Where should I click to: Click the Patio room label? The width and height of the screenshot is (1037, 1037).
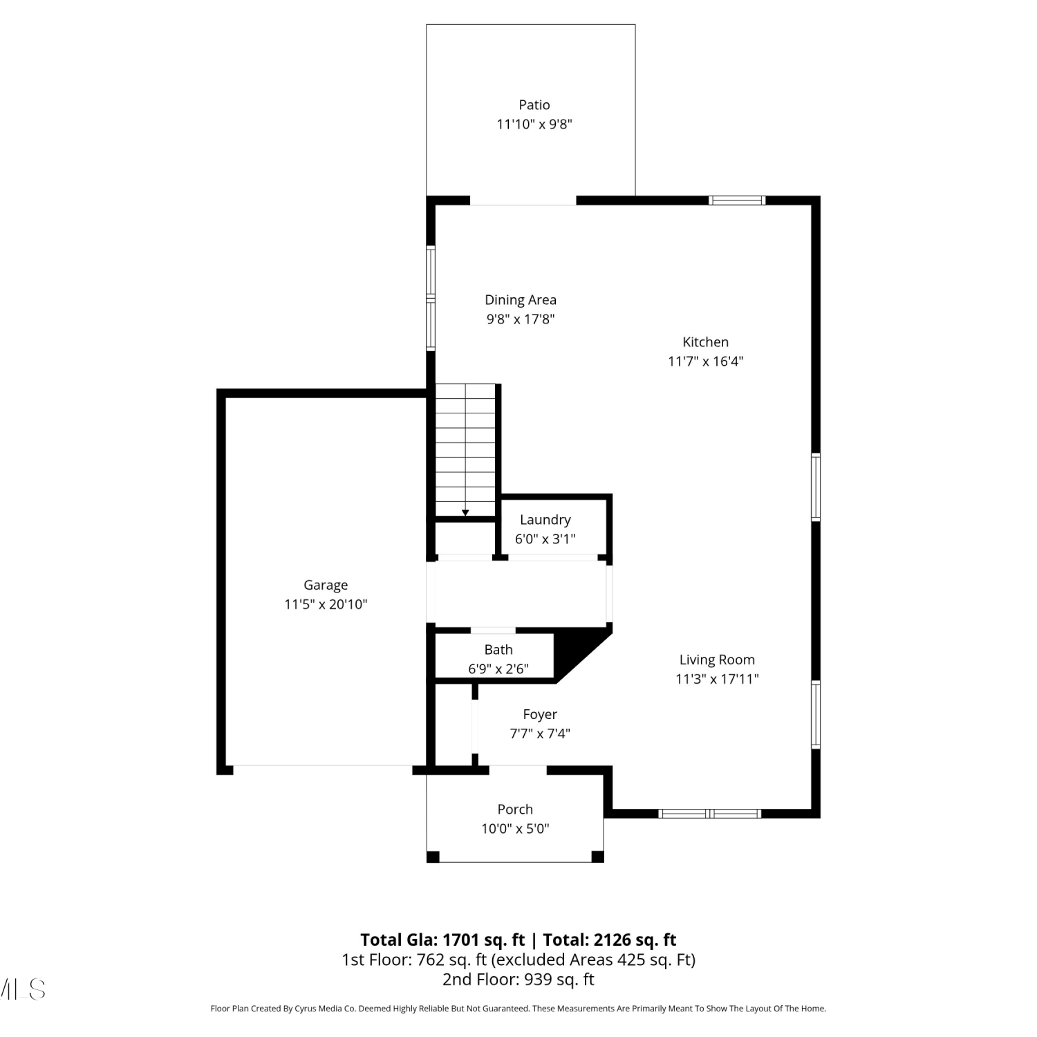(x=534, y=104)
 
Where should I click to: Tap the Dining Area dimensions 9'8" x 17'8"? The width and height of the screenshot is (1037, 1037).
(x=521, y=319)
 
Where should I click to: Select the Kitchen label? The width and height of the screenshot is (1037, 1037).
(x=705, y=342)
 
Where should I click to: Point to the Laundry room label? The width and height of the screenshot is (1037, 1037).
(x=545, y=520)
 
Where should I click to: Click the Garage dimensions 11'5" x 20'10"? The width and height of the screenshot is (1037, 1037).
(x=326, y=604)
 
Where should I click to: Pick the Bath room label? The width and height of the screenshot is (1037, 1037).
(x=498, y=649)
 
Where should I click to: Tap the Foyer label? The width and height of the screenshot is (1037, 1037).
(x=540, y=715)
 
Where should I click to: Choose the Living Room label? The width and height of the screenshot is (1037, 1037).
(x=717, y=660)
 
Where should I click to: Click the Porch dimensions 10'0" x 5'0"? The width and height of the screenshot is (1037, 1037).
(x=515, y=828)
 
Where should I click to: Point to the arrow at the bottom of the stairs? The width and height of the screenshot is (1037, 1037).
(x=465, y=512)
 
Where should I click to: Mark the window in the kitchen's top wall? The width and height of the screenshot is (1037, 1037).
(x=737, y=200)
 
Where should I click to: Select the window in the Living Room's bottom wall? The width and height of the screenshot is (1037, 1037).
(x=710, y=813)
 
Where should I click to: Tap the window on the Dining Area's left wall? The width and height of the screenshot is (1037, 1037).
(x=431, y=298)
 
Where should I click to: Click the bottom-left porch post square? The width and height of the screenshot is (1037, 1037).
(x=433, y=857)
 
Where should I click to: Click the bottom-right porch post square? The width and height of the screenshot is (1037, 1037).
(x=598, y=857)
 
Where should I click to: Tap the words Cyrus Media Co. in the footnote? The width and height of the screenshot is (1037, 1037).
(x=325, y=1009)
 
